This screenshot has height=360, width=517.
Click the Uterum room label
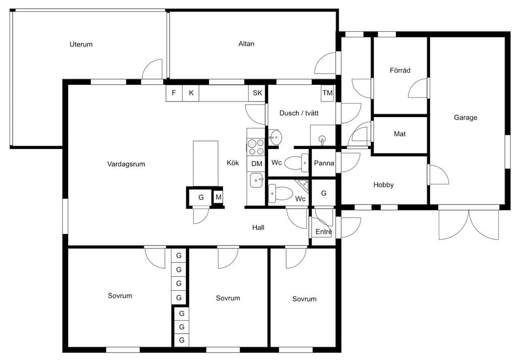[81, 44]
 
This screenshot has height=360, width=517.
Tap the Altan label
[246, 43]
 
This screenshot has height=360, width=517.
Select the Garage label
[465, 117]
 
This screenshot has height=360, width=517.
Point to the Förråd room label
[400, 70]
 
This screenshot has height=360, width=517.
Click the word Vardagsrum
[126, 164]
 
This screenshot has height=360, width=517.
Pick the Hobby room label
[384, 185]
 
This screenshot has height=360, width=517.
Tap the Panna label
[324, 163]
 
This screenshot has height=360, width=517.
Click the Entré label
[324, 231]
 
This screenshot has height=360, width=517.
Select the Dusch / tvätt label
[299, 113]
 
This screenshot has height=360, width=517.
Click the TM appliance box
[327, 93]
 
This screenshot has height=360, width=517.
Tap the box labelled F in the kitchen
[174, 93]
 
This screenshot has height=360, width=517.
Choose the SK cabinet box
[257, 93]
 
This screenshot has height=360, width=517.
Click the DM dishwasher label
[256, 164]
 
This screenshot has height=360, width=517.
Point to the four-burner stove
[256, 147]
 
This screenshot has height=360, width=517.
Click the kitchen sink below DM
[256, 180]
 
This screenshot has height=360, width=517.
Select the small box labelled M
[218, 197]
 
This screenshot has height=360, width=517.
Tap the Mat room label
[400, 134]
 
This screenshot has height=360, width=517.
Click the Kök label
[233, 163]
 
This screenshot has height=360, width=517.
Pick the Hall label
[258, 227]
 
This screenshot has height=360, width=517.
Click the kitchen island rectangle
[205, 164]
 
